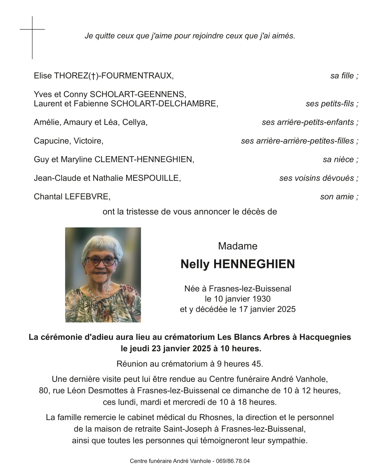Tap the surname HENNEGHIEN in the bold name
pyautogui.click(x=254, y=264)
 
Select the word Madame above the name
pyautogui.click(x=238, y=246)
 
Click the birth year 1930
pyautogui.click(x=261, y=299)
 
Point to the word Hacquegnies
pyautogui.click(x=325, y=337)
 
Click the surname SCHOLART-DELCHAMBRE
pyautogui.click(x=164, y=104)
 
